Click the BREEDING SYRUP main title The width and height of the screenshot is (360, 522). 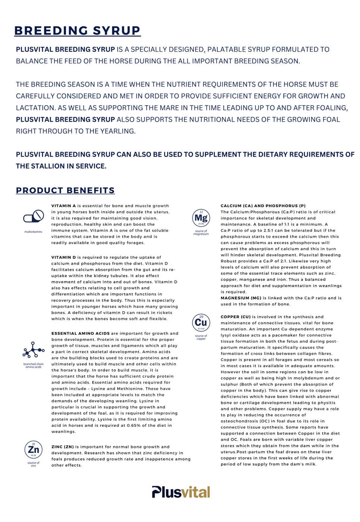tap(77, 31)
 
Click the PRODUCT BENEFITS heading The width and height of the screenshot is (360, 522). tap(65, 190)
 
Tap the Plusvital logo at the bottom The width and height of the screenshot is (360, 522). tap(181, 492)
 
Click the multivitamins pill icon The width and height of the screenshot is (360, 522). tap(34, 217)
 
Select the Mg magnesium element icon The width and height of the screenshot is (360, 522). tap(201, 218)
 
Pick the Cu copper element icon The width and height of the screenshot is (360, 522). tap(201, 323)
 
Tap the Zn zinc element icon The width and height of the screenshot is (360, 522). tap(34, 450)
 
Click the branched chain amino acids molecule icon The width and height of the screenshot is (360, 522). tap(33, 351)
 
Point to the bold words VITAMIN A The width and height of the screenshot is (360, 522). tap(63, 206)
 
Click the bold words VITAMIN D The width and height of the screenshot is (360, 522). tap(63, 257)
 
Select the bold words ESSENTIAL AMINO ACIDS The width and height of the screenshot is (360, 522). tap(81, 333)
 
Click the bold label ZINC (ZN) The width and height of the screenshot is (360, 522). tap(63, 447)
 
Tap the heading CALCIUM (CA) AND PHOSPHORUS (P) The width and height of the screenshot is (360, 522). tap(263, 206)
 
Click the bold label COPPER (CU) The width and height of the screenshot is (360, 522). tap(235, 317)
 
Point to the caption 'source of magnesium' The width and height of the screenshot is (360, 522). tap(201, 233)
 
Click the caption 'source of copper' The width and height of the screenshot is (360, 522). tap(201, 337)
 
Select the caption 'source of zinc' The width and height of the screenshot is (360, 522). tap(34, 464)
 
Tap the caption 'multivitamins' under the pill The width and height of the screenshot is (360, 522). tap(34, 232)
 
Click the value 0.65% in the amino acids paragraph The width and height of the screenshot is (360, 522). tap(134, 425)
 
